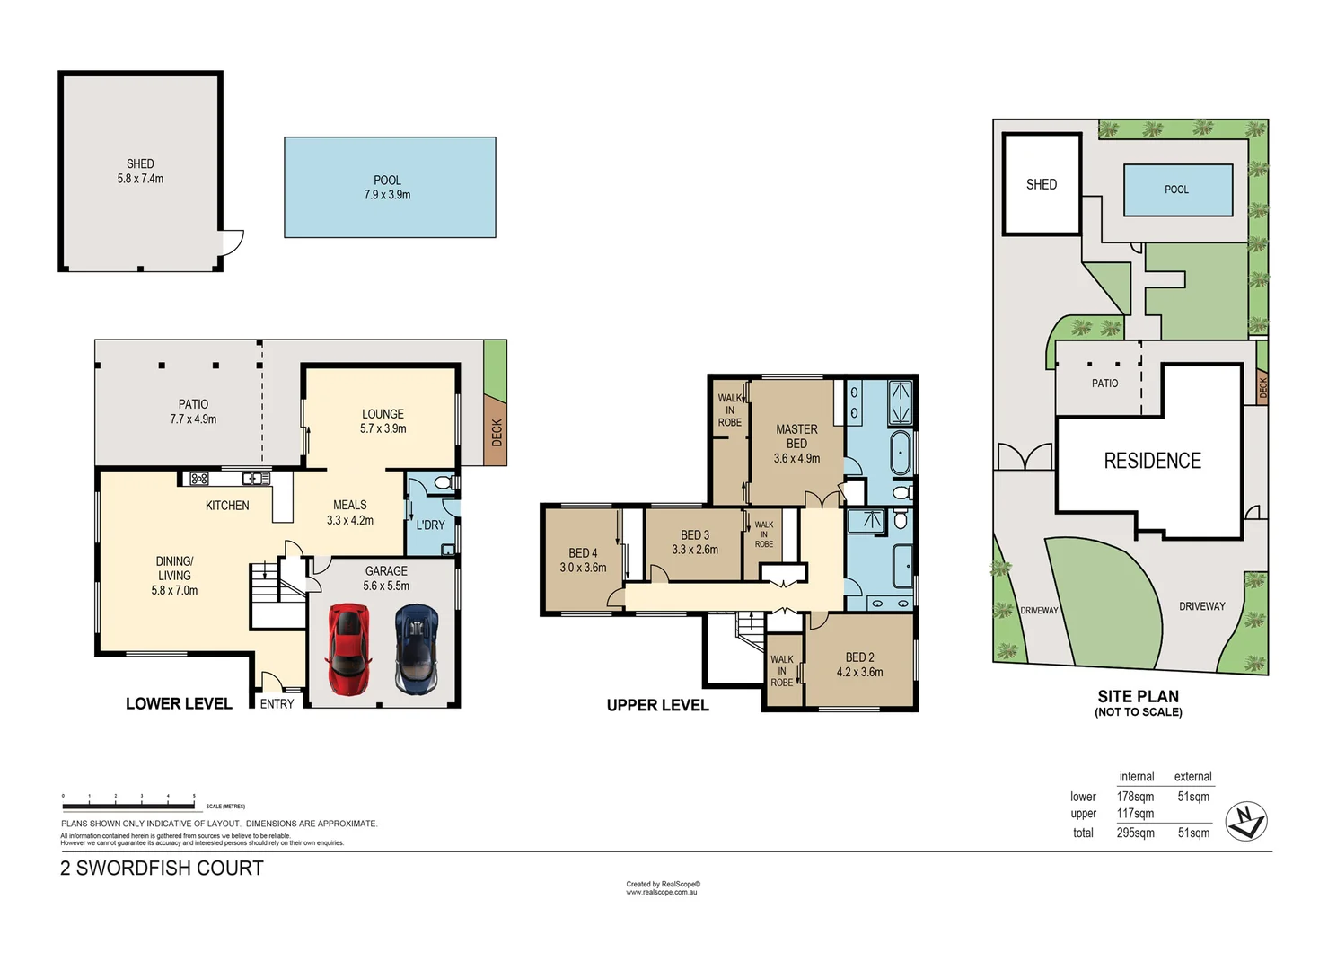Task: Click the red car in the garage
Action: tap(348, 648)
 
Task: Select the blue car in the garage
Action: tap(417, 648)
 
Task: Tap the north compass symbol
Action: tap(1246, 821)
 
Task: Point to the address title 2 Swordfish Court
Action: tap(162, 869)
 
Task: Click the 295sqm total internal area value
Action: tap(1135, 833)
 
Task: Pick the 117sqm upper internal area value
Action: tap(1135, 814)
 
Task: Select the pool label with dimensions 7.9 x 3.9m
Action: tap(387, 188)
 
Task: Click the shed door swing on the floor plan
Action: tap(233, 242)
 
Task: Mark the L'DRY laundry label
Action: tap(430, 525)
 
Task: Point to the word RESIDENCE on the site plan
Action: tap(1152, 461)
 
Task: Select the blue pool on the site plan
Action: tap(1177, 190)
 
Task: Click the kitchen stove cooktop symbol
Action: tap(199, 479)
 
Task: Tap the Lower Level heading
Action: tap(179, 704)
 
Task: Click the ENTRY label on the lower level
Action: tap(277, 704)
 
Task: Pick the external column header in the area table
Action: tap(1192, 777)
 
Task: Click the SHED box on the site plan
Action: tap(1042, 184)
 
